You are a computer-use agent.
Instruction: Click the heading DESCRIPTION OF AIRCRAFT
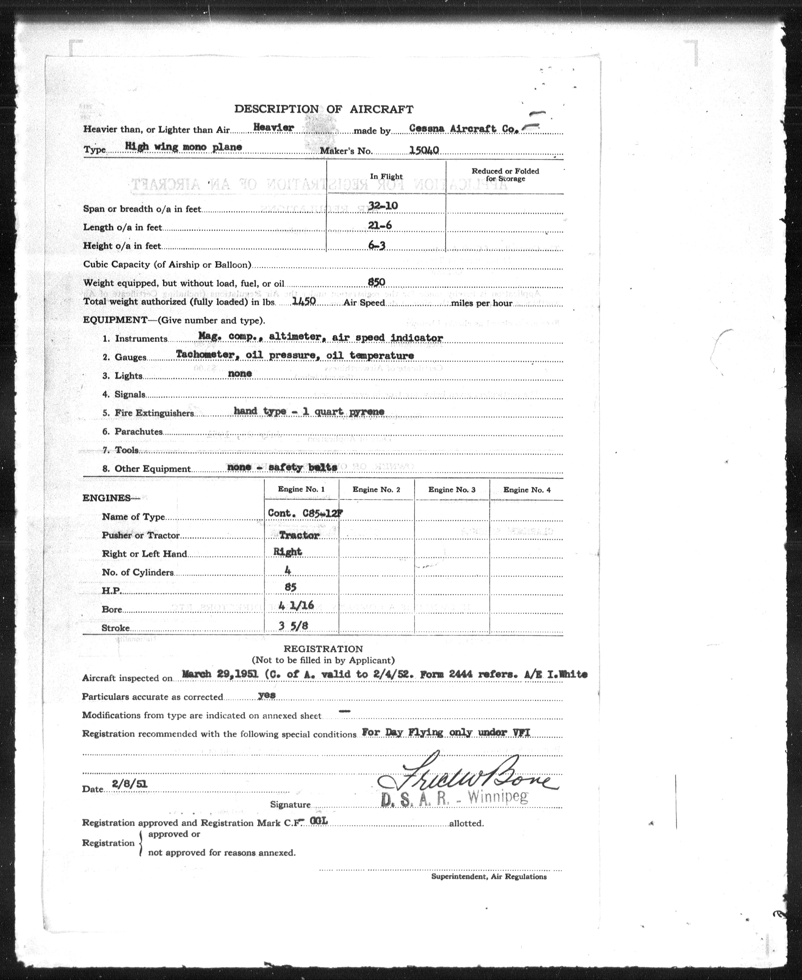click(324, 109)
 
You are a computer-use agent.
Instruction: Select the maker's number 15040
click(424, 149)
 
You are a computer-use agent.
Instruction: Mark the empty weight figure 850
click(376, 282)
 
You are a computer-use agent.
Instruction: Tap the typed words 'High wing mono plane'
click(183, 147)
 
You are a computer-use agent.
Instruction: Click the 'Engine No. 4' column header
click(527, 490)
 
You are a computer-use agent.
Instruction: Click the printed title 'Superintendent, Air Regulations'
click(489, 876)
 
